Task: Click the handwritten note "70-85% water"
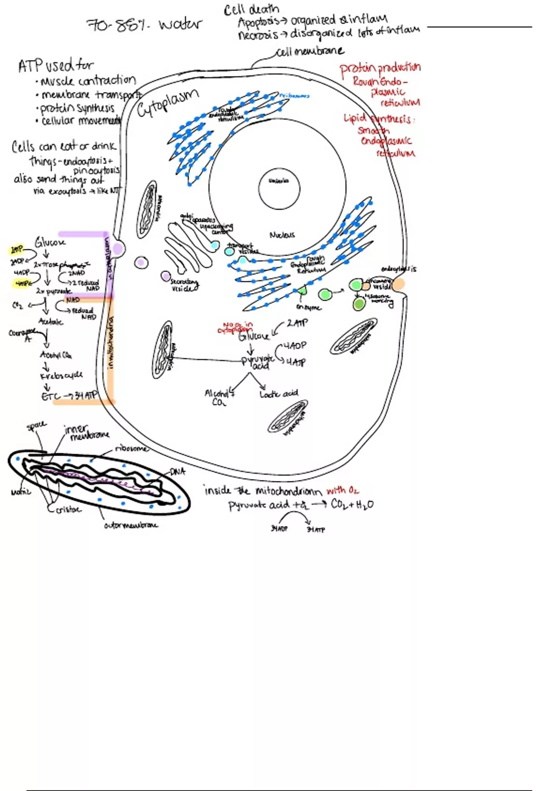pyautogui.click(x=144, y=24)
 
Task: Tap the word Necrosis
pyautogui.click(x=258, y=35)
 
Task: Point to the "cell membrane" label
pyautogui.click(x=310, y=51)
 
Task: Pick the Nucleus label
pyautogui.click(x=282, y=235)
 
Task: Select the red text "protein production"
pyautogui.click(x=380, y=68)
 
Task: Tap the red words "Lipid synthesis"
pyautogui.click(x=378, y=119)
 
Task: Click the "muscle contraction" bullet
pyautogui.click(x=89, y=81)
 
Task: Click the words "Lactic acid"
pyautogui.click(x=279, y=394)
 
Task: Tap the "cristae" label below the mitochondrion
pyautogui.click(x=68, y=509)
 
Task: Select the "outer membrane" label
pyautogui.click(x=131, y=525)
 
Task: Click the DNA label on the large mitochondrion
pyautogui.click(x=177, y=471)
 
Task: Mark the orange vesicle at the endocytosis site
pyautogui.click(x=398, y=284)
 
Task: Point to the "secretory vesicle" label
pyautogui.click(x=184, y=285)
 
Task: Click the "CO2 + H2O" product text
pyautogui.click(x=352, y=504)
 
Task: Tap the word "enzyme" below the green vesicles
pyautogui.click(x=308, y=307)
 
